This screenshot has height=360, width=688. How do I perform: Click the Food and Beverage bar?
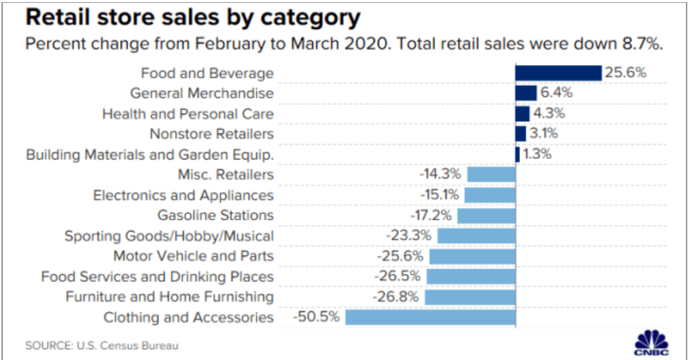click(x=558, y=73)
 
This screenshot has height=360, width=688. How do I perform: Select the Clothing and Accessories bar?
click(x=430, y=317)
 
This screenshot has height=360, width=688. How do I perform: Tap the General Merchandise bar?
click(x=526, y=93)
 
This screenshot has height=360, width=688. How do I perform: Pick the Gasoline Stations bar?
click(x=487, y=216)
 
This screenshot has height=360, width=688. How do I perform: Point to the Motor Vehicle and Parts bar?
click(x=473, y=256)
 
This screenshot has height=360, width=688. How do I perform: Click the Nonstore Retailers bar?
click(x=521, y=133)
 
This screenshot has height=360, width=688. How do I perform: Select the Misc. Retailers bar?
click(x=492, y=174)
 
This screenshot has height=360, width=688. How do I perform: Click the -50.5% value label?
click(x=316, y=317)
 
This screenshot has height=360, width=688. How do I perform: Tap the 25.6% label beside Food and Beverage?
click(x=626, y=72)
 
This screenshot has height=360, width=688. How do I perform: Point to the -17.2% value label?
click(x=431, y=215)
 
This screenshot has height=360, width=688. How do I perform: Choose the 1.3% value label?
click(x=537, y=154)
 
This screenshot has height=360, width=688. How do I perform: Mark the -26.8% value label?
click(x=396, y=297)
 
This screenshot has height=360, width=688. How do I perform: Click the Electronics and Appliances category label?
click(x=183, y=195)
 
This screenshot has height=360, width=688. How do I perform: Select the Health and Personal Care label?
click(x=188, y=114)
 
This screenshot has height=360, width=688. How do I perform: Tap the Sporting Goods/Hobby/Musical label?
click(x=169, y=236)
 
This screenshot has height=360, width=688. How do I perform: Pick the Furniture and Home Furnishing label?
click(x=170, y=297)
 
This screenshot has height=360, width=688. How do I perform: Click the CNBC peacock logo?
click(x=651, y=342)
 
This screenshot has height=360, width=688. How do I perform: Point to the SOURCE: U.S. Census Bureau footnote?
click(x=102, y=346)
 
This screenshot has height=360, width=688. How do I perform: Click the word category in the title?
click(x=311, y=18)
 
